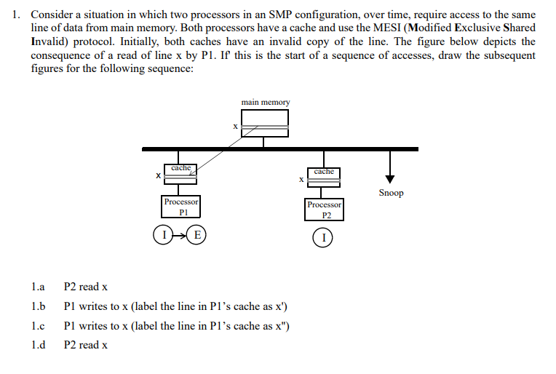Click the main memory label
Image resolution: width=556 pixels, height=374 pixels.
(x=265, y=103)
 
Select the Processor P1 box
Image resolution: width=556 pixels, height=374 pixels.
(x=181, y=206)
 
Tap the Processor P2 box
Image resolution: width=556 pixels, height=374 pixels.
(x=324, y=210)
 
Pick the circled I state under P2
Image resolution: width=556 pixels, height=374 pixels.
(x=324, y=237)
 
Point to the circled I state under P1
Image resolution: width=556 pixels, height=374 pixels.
(x=164, y=235)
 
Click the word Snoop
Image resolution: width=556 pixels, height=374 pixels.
(x=391, y=193)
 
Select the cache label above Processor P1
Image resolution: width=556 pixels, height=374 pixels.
(x=180, y=168)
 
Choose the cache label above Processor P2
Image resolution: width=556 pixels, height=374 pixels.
(x=324, y=171)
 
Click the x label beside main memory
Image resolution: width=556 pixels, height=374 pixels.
(x=235, y=127)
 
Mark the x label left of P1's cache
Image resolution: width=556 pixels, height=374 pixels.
(x=158, y=175)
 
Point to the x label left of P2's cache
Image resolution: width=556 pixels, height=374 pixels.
(x=301, y=178)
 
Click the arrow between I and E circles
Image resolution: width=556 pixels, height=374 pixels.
(x=180, y=235)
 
